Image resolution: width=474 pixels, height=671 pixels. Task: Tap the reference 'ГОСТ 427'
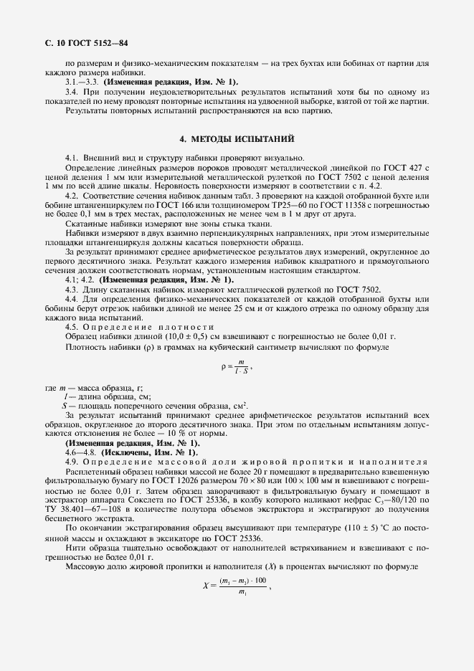point(410,167)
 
